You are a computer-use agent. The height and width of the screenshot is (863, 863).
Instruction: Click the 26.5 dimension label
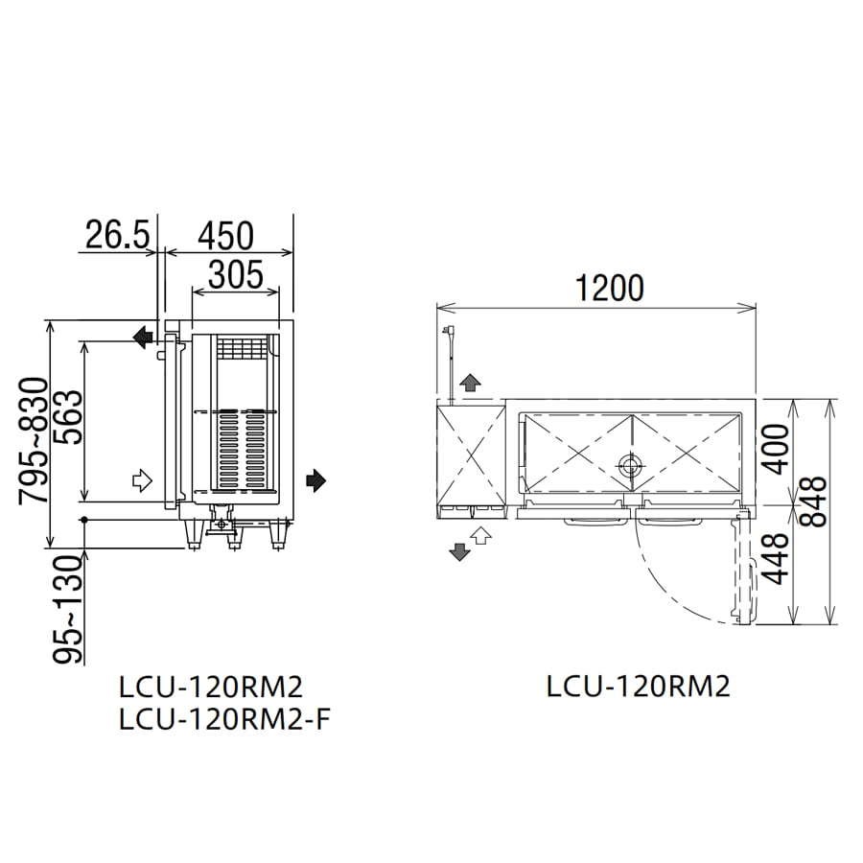118,235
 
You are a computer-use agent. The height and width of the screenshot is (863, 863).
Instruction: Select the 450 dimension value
226,236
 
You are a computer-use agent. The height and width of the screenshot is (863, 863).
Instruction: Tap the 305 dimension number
236,274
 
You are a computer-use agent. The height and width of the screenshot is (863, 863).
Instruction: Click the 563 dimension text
69,417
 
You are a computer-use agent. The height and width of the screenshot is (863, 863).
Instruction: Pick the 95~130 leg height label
68,609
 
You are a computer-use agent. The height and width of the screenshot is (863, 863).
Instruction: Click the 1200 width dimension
610,288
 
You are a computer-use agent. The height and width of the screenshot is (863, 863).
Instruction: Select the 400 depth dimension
777,449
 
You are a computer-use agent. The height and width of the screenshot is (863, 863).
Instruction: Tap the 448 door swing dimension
777,558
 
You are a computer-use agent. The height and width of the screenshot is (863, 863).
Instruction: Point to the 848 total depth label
814,501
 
